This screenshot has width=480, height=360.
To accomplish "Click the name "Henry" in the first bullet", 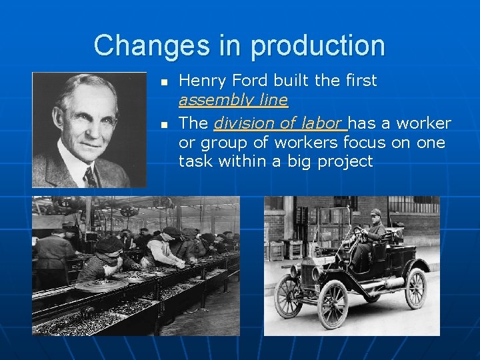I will [200, 81].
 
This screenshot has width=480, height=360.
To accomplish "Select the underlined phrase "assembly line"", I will [233, 101].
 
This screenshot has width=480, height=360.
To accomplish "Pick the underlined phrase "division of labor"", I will [279, 123].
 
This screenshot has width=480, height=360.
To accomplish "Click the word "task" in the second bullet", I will [193, 161].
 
